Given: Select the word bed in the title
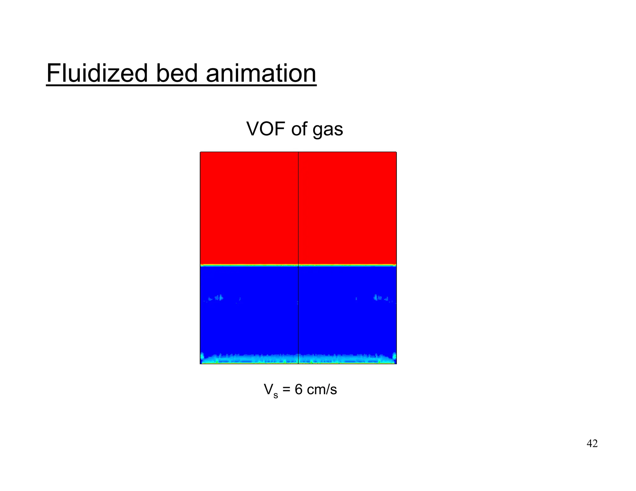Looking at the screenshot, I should click(176, 74).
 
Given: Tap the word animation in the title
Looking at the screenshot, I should click(261, 74).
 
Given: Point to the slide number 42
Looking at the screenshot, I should click(592, 444).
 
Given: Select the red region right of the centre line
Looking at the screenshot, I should click(347, 208).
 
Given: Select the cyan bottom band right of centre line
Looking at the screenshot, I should click(345, 359).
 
